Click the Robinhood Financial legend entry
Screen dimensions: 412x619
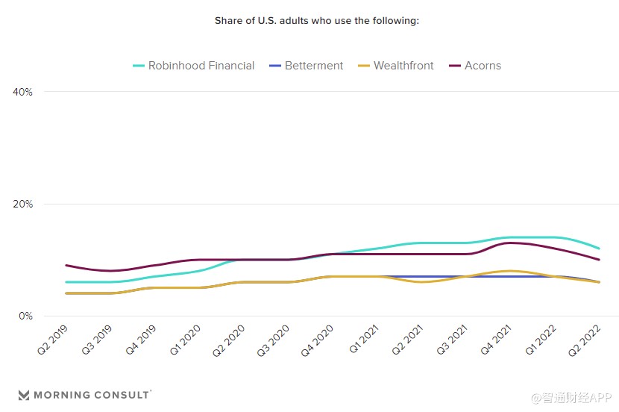[193, 66]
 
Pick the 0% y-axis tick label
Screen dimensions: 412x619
[25, 316]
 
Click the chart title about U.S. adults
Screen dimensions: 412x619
[317, 20]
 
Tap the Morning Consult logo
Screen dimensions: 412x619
[84, 394]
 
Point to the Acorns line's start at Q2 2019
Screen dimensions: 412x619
[66, 265]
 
